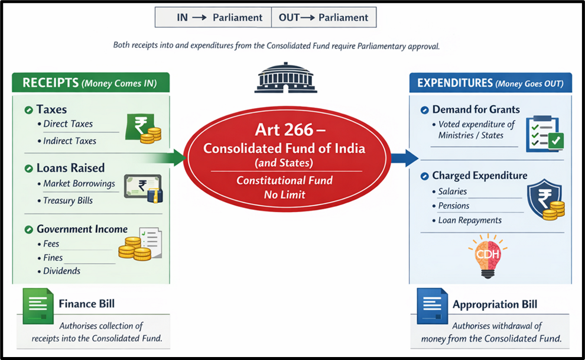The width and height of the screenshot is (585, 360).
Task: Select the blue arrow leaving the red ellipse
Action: point(405,157)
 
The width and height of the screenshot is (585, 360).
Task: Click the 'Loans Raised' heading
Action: point(70,168)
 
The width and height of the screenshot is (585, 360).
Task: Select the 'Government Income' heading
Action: point(82,229)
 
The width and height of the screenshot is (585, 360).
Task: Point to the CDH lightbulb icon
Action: point(487,256)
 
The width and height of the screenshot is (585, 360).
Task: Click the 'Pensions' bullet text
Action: point(454,206)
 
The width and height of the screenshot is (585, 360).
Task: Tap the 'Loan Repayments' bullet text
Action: point(470,220)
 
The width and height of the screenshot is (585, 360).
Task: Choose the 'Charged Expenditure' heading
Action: point(479,176)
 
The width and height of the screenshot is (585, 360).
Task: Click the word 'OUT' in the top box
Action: point(290,18)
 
